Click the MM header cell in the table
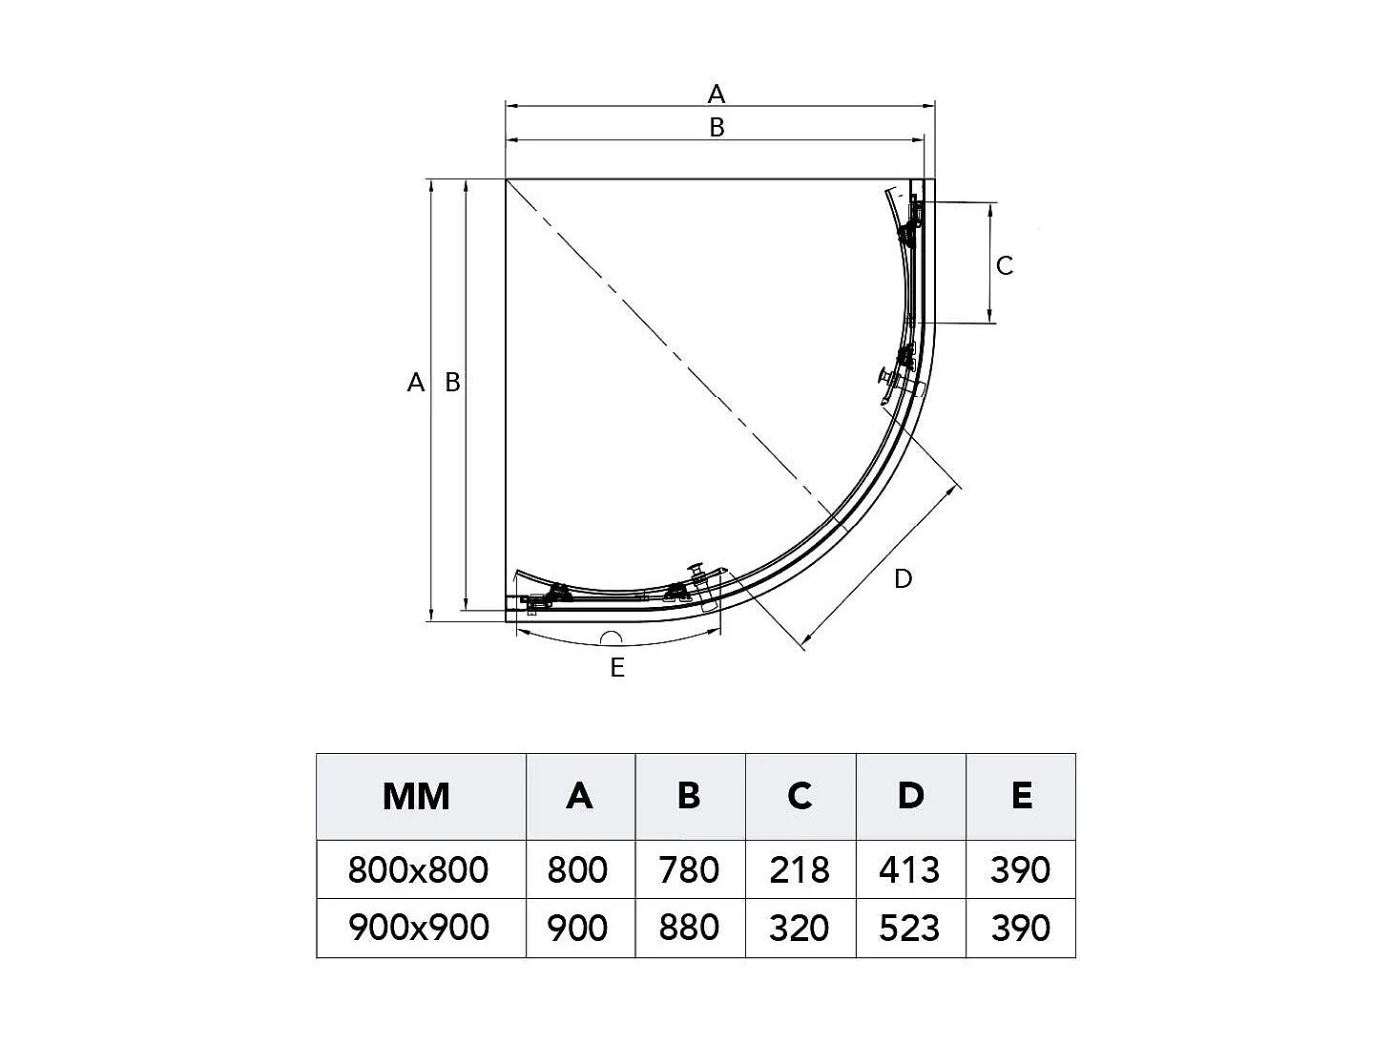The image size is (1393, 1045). point(416,795)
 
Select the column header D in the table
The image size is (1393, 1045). point(910,795)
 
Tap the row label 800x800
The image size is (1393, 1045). point(418,869)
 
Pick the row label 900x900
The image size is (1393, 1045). point(418,927)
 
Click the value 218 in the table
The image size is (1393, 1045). point(800,869)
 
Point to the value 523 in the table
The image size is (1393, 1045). point(910,927)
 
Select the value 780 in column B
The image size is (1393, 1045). point(689,869)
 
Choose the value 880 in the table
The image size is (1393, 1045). point(689,927)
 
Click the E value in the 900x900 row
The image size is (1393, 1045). point(1020,927)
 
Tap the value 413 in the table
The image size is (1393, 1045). point(910,869)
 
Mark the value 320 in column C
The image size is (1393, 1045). point(800,927)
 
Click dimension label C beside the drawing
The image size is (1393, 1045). point(1005,265)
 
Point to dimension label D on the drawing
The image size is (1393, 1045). point(903,578)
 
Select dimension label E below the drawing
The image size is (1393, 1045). point(617,668)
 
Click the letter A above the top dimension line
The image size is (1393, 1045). point(717,94)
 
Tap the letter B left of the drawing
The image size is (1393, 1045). point(452,383)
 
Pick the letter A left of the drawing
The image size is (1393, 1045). point(415,383)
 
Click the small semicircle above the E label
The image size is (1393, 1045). point(611,638)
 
